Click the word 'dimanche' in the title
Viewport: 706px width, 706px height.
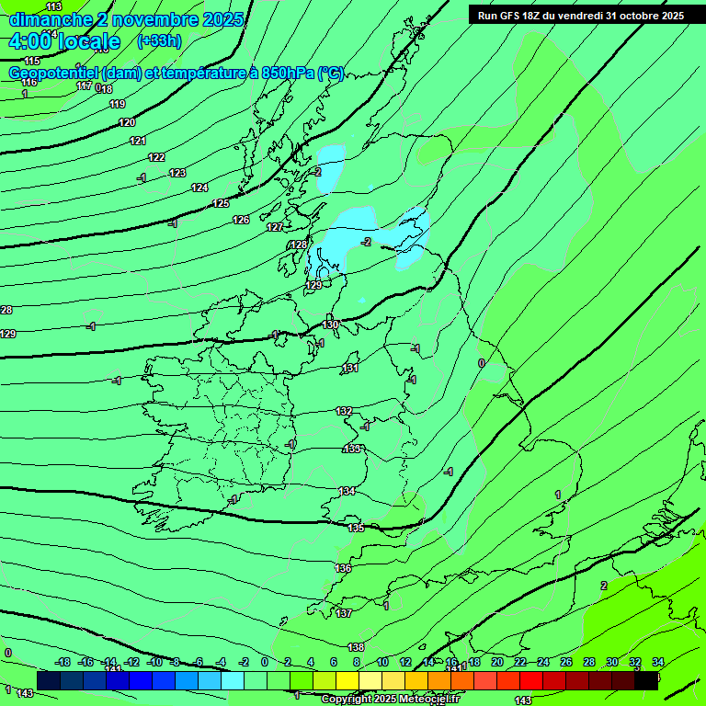(x=51, y=19)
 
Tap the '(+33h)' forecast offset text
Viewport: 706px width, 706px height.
(x=159, y=40)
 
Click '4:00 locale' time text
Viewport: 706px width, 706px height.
(x=64, y=41)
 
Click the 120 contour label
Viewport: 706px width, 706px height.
(x=127, y=122)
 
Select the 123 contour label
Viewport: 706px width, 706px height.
(x=177, y=173)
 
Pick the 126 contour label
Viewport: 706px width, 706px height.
(x=241, y=220)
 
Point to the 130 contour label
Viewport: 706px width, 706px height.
(x=331, y=325)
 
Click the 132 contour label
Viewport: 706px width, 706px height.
(x=344, y=411)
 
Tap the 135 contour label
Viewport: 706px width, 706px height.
(x=357, y=528)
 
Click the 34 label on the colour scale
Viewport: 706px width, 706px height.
(x=658, y=662)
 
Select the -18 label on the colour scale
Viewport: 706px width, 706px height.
(x=63, y=662)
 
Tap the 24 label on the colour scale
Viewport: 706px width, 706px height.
(x=542, y=662)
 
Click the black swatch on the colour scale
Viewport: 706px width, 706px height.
(x=646, y=680)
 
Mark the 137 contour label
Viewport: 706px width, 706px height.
(x=344, y=612)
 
